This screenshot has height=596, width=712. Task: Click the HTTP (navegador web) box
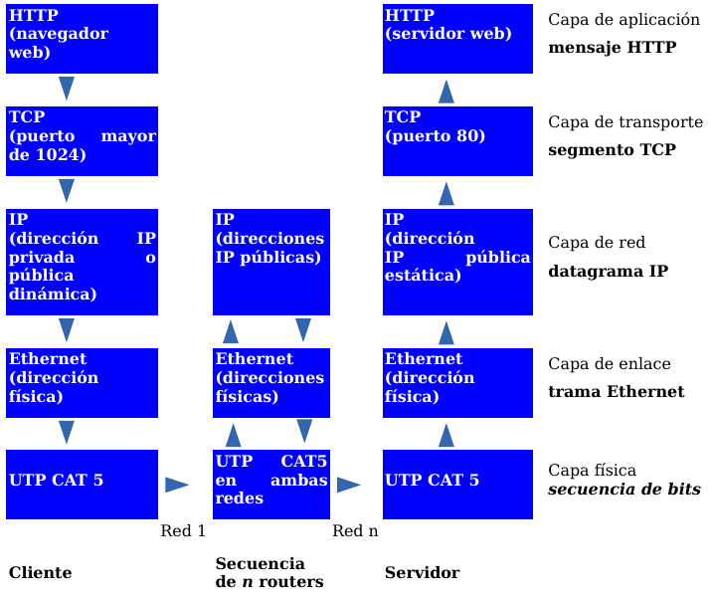tap(82, 39)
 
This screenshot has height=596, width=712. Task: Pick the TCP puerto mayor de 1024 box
tap(82, 141)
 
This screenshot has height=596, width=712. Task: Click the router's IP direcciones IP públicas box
tap(271, 262)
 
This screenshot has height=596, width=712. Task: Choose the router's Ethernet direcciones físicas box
tap(271, 383)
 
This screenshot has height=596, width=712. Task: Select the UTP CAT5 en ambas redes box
tap(271, 485)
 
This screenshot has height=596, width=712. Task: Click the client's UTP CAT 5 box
tap(82, 485)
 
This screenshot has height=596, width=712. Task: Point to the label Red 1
tap(183, 531)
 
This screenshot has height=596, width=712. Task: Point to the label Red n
tap(355, 531)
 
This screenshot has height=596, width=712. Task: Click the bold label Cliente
tap(41, 573)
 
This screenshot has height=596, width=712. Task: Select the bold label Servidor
tap(422, 573)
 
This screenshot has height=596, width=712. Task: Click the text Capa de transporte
tap(624, 122)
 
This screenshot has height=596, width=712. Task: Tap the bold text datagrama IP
tap(608, 272)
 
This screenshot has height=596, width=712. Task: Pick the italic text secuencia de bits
tap(623, 490)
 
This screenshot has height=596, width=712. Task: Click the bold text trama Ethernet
tap(616, 392)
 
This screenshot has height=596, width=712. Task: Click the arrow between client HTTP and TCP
tap(67, 89)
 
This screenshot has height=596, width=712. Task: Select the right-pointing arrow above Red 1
tap(177, 485)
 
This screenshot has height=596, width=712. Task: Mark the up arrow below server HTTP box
tap(446, 92)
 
